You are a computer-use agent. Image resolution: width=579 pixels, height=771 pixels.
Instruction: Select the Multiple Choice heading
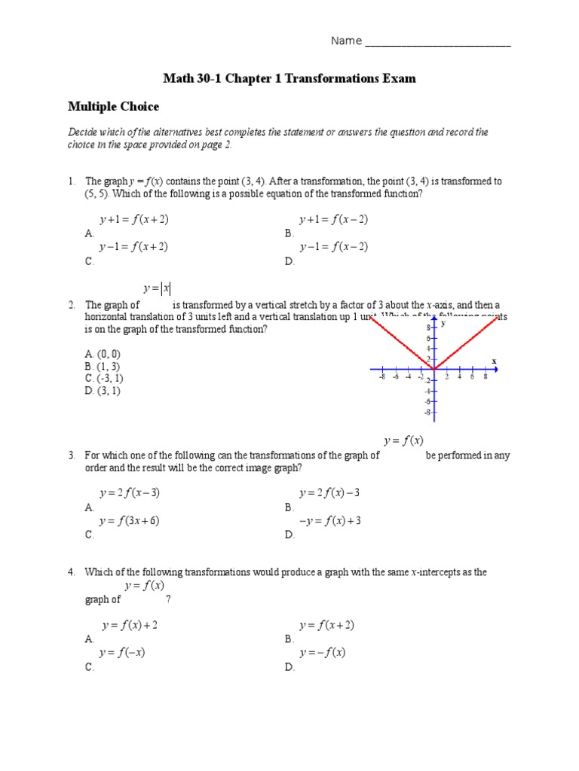point(114,107)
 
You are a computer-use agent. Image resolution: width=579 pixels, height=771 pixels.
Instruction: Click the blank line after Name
point(437,41)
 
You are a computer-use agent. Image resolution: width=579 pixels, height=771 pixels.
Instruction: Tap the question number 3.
point(72,456)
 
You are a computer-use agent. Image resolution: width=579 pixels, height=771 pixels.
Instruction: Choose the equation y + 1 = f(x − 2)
point(333,220)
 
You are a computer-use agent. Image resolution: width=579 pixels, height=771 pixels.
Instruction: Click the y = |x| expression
point(157,288)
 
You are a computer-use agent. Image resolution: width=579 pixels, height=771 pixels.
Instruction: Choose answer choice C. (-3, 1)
point(104,378)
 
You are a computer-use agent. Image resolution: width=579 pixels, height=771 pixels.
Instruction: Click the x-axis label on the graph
point(495,361)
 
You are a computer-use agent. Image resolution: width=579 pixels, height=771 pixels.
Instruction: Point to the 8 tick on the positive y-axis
point(428,328)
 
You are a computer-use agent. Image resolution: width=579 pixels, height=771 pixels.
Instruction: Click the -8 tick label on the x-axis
point(383,377)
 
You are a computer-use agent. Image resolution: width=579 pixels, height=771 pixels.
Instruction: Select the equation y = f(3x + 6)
point(128,521)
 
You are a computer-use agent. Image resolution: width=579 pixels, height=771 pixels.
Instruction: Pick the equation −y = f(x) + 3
point(330,521)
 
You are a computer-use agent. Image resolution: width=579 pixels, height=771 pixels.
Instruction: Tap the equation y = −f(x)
point(322,653)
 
